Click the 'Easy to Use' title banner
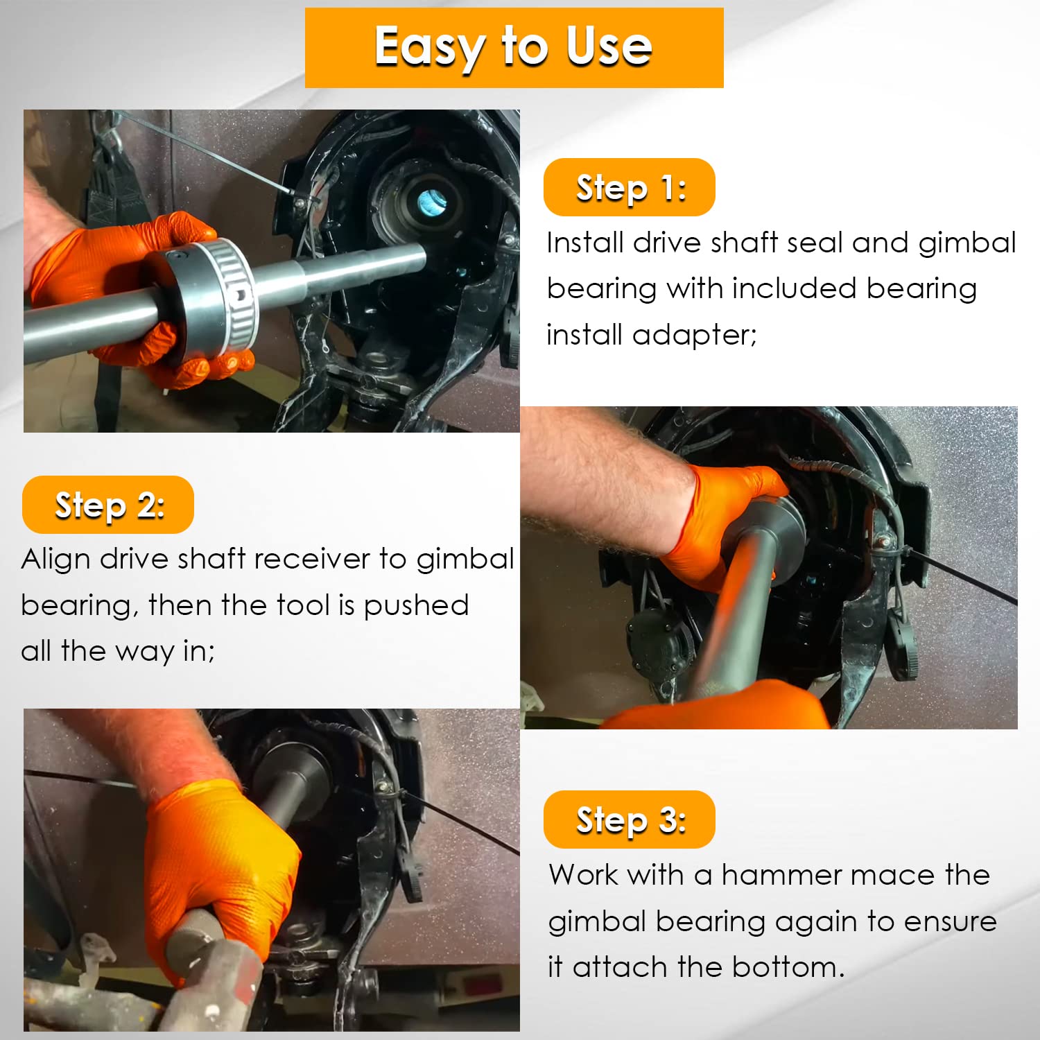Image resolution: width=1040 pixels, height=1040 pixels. point(514,47)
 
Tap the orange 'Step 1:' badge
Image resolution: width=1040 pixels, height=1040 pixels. point(629,187)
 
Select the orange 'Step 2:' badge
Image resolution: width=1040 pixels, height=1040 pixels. point(108,505)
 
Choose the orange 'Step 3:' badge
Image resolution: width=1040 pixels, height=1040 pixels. point(629,820)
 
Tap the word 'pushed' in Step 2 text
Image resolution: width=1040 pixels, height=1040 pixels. point(416,605)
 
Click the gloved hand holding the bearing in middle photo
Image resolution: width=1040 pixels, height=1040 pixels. point(728,520)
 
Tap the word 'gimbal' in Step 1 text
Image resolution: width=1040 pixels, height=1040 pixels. point(967,243)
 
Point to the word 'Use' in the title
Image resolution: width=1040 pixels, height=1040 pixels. point(608,47)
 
